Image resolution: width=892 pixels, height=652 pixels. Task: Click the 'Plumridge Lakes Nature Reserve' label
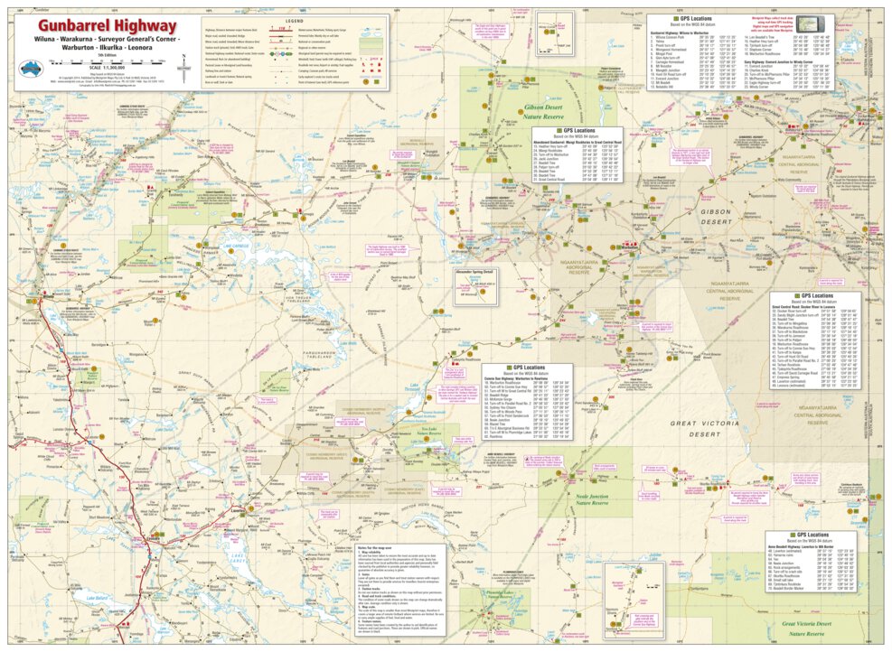pos(496,598)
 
